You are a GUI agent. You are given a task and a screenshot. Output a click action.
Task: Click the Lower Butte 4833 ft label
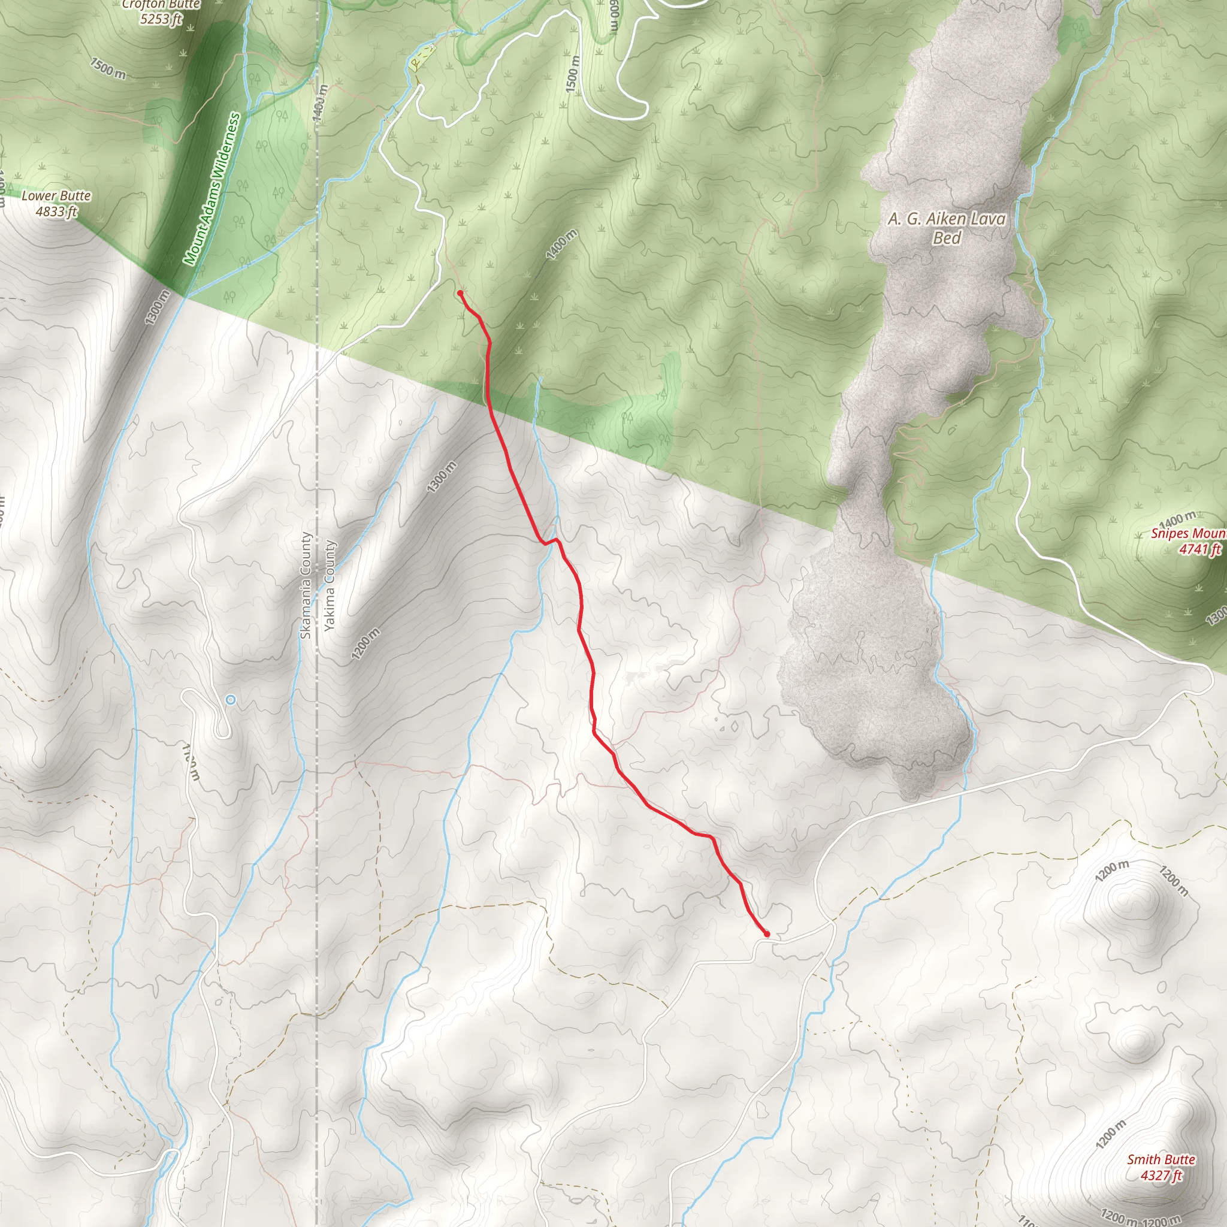[56, 204]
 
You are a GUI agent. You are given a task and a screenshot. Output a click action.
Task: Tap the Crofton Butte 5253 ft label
[161, 12]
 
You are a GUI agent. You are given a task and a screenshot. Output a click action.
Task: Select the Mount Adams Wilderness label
[212, 189]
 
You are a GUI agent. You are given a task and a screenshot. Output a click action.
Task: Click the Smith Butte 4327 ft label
[1161, 1167]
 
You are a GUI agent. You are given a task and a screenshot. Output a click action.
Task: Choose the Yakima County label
[329, 585]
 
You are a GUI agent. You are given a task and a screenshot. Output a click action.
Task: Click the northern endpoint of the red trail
[460, 293]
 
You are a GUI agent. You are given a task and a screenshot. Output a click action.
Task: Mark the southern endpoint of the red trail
[767, 934]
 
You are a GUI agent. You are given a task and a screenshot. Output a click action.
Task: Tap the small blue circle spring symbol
[231, 699]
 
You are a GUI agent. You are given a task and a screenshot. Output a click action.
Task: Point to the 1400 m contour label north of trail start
[561, 244]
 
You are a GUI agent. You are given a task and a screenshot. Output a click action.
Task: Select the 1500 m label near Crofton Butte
[108, 68]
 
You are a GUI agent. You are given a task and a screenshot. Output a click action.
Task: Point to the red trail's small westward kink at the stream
[544, 543]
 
